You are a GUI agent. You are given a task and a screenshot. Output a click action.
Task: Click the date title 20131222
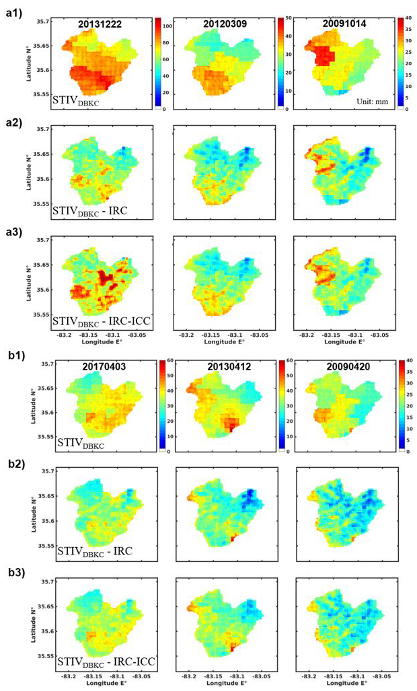click(100, 25)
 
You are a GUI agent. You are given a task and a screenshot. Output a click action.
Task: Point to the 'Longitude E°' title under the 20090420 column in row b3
click(342, 682)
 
